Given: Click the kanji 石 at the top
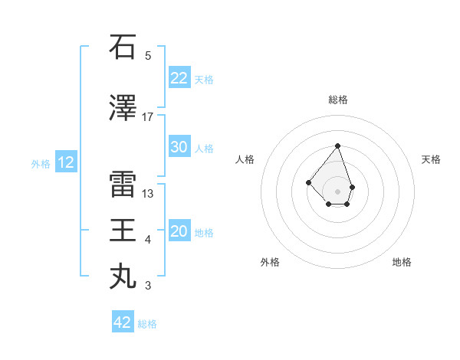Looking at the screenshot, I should tap(123, 47).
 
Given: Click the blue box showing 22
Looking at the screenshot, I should tap(179, 78).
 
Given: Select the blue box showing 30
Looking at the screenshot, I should tap(179, 147).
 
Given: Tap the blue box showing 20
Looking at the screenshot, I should tap(179, 231).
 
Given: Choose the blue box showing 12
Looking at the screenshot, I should tap(66, 162).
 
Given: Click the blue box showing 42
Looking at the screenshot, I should tap(123, 322).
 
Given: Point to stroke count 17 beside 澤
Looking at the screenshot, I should tap(148, 117).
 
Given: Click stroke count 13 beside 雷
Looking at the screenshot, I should tap(148, 194).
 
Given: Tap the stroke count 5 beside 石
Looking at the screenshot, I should tap(148, 56).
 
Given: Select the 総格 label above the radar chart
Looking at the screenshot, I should tap(338, 100).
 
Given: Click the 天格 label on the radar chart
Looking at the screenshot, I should tap(432, 159).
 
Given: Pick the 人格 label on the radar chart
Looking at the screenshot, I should tap(245, 159).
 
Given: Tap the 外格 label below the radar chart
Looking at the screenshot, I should tap(270, 262).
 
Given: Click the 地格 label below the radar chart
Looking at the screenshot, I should tap(402, 262).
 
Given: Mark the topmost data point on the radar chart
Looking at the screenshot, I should tap(337, 146).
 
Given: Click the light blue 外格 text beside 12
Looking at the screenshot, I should tap(41, 163).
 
